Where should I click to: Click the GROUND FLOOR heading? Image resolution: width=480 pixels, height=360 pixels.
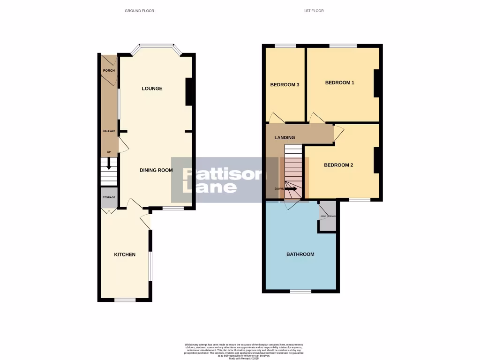tap(139, 11)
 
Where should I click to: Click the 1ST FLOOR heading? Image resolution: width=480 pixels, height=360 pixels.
tap(314, 11)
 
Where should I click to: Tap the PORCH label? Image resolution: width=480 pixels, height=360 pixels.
tap(109, 71)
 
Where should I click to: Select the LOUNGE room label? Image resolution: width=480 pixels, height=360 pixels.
tap(152, 89)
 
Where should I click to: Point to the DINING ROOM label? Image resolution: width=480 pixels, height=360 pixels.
tap(156, 170)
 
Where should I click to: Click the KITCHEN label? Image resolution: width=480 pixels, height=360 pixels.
tap(125, 255)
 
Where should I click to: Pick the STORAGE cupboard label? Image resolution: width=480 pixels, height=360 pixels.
tap(109, 198)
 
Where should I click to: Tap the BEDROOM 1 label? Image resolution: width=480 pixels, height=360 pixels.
tap(339, 82)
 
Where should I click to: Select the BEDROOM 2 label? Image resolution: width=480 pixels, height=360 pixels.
tap(338, 165)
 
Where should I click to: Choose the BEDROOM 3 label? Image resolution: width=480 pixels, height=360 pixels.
tap(285, 85)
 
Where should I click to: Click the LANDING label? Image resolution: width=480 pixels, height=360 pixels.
tap(285, 137)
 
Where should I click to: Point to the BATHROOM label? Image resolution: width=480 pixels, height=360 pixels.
tap(300, 254)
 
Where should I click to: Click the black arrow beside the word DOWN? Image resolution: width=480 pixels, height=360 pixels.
tap(291, 189)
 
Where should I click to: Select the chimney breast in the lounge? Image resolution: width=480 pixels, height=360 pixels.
tap(189, 91)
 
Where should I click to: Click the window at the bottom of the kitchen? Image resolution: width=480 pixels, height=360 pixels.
tap(124, 300)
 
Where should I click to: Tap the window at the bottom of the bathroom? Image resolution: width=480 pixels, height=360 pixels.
tap(300, 291)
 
